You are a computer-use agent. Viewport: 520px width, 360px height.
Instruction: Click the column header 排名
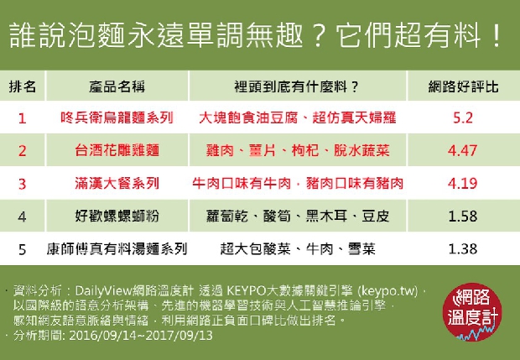pyautogui.click(x=22, y=87)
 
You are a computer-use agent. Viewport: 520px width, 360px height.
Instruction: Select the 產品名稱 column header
pyautogui.click(x=117, y=87)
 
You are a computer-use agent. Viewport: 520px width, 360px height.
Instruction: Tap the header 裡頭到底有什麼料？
pyautogui.click(x=296, y=87)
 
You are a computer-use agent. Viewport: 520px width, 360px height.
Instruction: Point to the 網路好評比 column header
pyautogui.click(x=463, y=87)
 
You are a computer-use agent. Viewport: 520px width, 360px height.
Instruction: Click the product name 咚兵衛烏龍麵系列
pyautogui.click(x=117, y=117)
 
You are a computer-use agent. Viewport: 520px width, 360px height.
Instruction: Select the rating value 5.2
pyautogui.click(x=463, y=117)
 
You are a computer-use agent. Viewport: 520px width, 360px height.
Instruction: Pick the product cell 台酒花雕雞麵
pyautogui.click(x=117, y=150)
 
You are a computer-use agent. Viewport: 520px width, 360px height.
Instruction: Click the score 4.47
pyautogui.click(x=463, y=150)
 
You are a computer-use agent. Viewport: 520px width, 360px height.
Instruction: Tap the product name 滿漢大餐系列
pyautogui.click(x=117, y=183)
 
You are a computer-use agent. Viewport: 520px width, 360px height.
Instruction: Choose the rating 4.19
pyautogui.click(x=463, y=183)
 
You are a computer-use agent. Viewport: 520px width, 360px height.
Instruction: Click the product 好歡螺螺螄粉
pyautogui.click(x=117, y=216)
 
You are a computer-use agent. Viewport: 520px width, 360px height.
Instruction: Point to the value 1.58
pyautogui.click(x=463, y=216)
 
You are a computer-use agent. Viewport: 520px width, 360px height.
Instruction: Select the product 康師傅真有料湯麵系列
pyautogui.click(x=117, y=249)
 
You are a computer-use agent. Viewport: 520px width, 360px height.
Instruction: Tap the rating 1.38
pyautogui.click(x=463, y=249)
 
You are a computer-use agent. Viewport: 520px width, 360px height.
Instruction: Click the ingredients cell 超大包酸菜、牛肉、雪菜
pyautogui.click(x=298, y=249)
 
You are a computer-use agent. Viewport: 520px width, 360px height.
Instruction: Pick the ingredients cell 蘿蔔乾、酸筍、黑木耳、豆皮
pyautogui.click(x=298, y=216)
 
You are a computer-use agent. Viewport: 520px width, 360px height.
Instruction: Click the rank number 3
pyautogui.click(x=22, y=184)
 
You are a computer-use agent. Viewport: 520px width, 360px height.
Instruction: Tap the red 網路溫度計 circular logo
pyautogui.click(x=472, y=312)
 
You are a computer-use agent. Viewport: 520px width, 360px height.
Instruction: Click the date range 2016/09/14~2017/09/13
pyautogui.click(x=141, y=335)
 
